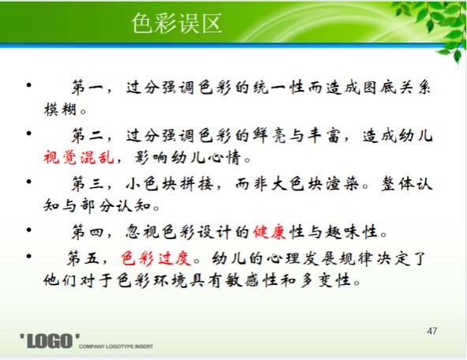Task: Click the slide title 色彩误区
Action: coord(177,23)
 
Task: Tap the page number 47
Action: coord(432,331)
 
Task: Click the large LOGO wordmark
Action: coord(50,341)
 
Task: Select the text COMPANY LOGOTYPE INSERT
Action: coord(116,347)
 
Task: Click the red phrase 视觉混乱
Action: coord(79,157)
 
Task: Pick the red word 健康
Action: coord(270,231)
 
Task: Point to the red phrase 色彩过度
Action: coord(155,258)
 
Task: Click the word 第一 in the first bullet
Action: coord(88,88)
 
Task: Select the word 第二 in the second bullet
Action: coord(88,136)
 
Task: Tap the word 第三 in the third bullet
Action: coord(88,184)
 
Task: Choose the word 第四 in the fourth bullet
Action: coord(88,231)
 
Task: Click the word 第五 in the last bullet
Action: coord(83,258)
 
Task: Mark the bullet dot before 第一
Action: coord(29,85)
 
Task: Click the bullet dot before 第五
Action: coord(29,256)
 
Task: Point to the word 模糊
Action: coord(60,109)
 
